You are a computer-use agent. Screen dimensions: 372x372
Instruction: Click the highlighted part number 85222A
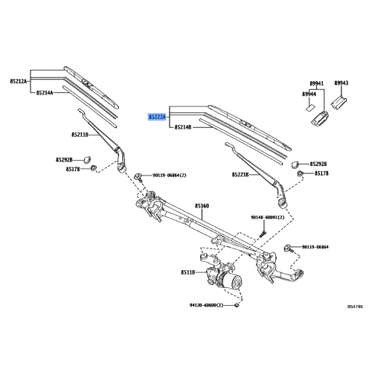pyautogui.click(x=156, y=117)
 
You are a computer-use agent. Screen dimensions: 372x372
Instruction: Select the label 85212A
pyautogui.click(x=19, y=80)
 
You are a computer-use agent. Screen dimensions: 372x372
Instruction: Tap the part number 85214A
pyautogui.click(x=45, y=92)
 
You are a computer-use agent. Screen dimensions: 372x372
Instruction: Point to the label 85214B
pyautogui.click(x=184, y=128)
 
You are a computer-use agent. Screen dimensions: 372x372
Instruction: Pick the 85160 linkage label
pyautogui.click(x=202, y=205)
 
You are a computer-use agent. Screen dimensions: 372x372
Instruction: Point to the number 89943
pyautogui.click(x=342, y=83)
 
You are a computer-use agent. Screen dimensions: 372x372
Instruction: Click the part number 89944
pyautogui.click(x=309, y=94)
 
